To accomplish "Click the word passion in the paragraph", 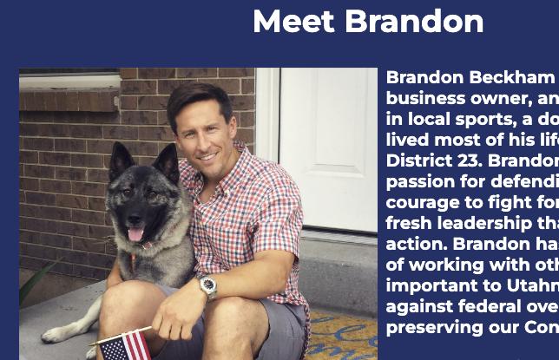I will coord(420,181).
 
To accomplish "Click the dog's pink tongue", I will coord(135,233).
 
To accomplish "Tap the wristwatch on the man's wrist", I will coord(207,287).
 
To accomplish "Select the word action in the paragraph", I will coord(416,244).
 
